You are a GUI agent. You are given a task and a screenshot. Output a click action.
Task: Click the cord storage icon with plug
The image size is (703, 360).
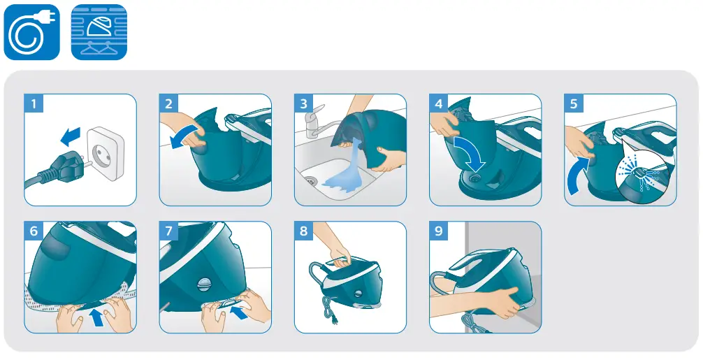32,31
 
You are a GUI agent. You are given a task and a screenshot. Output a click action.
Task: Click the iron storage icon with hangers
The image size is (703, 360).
99,31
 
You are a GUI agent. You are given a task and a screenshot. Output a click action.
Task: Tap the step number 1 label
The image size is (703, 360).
34,104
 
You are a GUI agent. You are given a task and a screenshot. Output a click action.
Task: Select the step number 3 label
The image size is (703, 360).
303,104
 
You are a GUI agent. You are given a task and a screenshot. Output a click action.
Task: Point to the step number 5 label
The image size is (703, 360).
574,104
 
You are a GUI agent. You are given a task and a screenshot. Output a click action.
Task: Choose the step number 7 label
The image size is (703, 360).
168,231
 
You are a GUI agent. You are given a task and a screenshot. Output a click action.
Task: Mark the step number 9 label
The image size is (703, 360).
438,231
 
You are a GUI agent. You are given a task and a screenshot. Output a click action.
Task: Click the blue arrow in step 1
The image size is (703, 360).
69,134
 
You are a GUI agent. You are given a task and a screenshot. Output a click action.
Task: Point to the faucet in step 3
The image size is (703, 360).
314,120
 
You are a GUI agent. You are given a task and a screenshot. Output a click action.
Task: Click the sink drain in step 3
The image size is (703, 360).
310,181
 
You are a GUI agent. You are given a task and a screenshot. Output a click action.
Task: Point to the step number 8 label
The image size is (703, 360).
303,231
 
